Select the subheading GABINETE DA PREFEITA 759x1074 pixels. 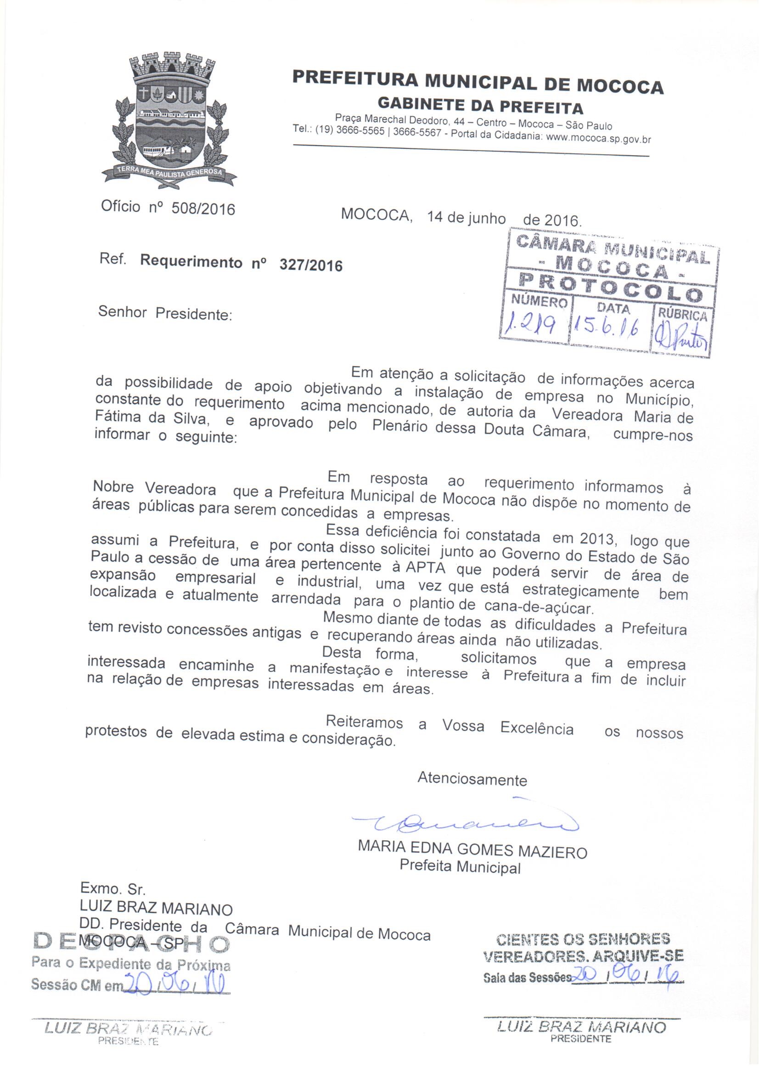pyautogui.click(x=480, y=106)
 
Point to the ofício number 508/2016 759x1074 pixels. pyautogui.click(x=203, y=209)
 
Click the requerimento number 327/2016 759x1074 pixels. pyautogui.click(x=310, y=265)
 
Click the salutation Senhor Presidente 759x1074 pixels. pyautogui.click(x=165, y=313)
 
